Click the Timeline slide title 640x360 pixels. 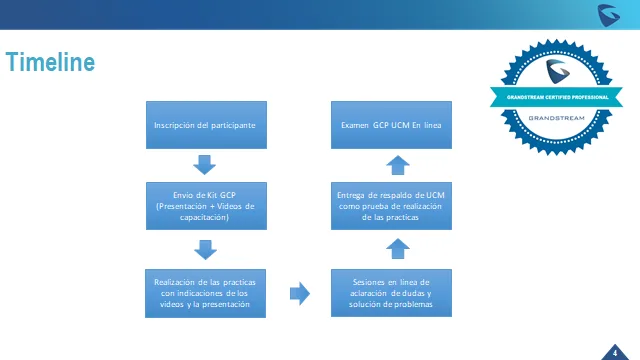tap(50, 62)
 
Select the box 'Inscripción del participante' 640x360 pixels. tap(207, 125)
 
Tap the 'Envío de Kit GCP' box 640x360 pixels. tap(207, 206)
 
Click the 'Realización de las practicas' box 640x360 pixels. tap(205, 293)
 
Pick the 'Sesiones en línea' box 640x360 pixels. tap(391, 293)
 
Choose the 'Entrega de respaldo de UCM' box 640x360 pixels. tap(391, 206)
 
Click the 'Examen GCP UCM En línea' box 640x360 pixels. tap(391, 125)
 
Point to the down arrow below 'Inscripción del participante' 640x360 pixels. tap(204, 165)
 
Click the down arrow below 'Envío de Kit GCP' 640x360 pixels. tap(205, 250)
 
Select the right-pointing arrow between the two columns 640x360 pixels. tap(300, 293)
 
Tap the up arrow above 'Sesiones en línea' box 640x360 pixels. tap(398, 249)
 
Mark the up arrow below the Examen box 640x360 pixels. tap(398, 165)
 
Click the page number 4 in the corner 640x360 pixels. tap(615, 353)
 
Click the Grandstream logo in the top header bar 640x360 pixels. tap(609, 16)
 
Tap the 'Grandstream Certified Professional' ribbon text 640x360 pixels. tap(558, 97)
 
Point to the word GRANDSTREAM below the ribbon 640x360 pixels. tap(556, 118)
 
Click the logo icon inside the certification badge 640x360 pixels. tap(558, 71)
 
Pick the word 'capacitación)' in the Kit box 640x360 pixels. tap(204, 217)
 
